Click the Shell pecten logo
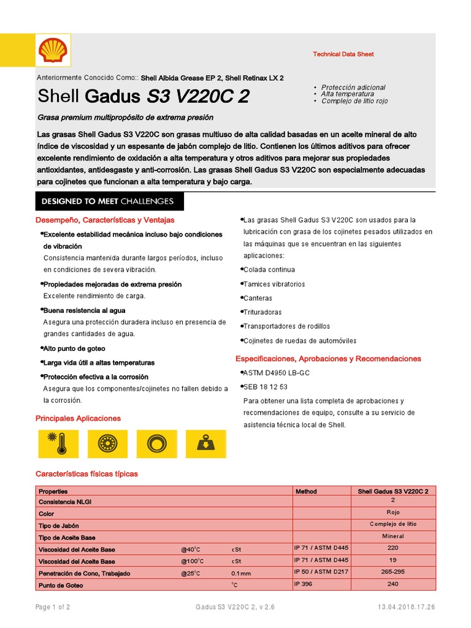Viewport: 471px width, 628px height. click(52, 50)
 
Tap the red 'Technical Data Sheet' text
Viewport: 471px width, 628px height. click(343, 54)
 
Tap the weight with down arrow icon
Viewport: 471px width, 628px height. click(205, 443)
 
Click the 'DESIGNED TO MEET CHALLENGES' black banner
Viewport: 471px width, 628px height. click(107, 201)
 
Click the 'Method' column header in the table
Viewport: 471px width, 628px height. click(306, 491)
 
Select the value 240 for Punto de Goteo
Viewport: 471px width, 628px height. click(392, 584)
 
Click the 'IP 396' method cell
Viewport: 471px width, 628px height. click(304, 584)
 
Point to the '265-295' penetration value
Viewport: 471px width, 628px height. click(392, 572)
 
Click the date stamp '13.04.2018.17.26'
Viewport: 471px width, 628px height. click(407, 607)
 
